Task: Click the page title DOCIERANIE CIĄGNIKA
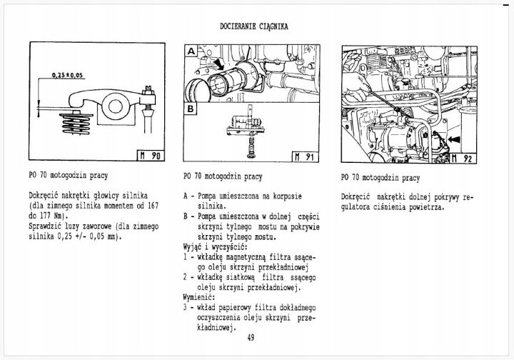(254, 26)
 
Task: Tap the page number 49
(251, 338)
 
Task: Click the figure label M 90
(150, 156)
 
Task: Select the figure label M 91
(305, 156)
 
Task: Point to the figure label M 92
(462, 159)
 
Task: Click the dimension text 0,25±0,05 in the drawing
(68, 76)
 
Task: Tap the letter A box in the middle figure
(191, 51)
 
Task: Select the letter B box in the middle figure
(191, 109)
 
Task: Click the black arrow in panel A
(218, 64)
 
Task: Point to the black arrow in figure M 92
(454, 139)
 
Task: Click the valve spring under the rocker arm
(76, 124)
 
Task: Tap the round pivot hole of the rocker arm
(115, 106)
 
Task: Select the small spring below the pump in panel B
(251, 146)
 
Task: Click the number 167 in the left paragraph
(153, 206)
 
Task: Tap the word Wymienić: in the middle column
(199, 298)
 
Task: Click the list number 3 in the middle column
(185, 308)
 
